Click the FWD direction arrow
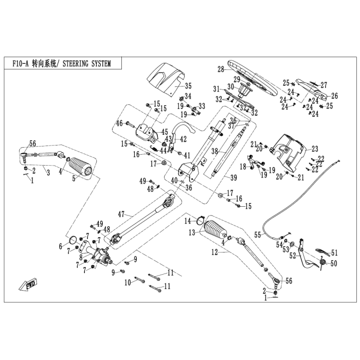(28, 285)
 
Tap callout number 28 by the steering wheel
(221, 69)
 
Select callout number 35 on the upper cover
(188, 86)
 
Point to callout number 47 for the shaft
(121, 214)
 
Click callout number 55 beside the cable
(258, 235)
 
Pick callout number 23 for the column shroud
(315, 149)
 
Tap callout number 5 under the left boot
(74, 178)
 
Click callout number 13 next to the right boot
(192, 232)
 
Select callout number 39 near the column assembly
(233, 177)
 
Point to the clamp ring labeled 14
(200, 220)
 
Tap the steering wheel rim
(253, 78)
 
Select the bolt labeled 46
(131, 124)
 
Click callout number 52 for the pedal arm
(293, 256)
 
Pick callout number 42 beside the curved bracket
(183, 139)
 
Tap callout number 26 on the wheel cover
(335, 96)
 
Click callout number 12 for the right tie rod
(214, 253)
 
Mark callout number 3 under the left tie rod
(48, 173)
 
